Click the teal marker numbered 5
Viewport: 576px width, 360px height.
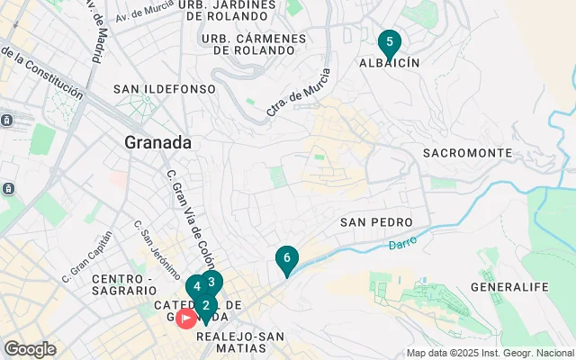point(389,41)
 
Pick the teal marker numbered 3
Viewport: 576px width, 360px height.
point(211,282)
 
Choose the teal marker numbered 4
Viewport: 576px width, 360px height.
point(196,287)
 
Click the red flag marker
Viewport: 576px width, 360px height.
point(186,318)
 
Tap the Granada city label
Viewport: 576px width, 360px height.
point(158,142)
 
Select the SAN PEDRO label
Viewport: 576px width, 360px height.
point(376,222)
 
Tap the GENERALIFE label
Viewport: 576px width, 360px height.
point(509,287)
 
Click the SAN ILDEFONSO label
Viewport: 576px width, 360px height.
point(165,89)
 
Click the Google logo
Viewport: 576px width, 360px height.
point(30,349)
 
